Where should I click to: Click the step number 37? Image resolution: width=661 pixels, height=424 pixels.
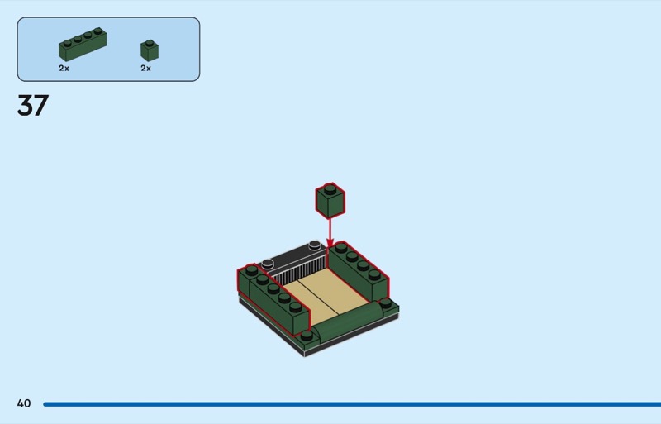point(33,105)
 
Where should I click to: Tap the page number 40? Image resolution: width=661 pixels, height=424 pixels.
point(24,403)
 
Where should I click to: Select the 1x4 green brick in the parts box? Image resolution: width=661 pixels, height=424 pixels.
point(83,45)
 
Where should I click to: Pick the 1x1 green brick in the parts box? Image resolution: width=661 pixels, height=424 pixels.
point(150,50)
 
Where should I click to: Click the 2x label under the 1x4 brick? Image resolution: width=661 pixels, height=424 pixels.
point(64,68)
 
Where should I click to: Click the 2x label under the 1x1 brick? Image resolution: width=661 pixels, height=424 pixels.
point(146,68)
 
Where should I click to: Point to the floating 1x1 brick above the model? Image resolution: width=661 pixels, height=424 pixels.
point(330,200)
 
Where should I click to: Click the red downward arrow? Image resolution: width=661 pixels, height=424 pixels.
point(330,232)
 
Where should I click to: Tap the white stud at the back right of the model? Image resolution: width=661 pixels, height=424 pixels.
point(315,245)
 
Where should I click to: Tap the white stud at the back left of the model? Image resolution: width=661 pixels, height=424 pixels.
point(268,264)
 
